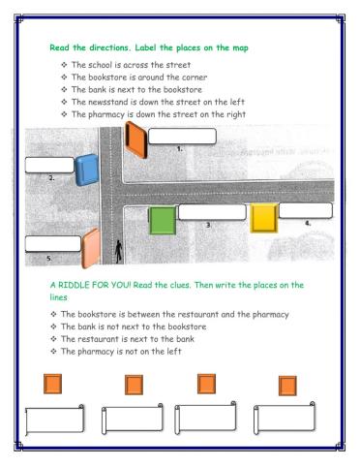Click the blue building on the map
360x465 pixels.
point(85,169)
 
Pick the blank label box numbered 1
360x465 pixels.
point(182,136)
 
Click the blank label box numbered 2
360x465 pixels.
point(50,164)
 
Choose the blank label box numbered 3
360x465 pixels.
point(211,212)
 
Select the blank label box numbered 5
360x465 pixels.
point(52,243)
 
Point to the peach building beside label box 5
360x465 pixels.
point(90,248)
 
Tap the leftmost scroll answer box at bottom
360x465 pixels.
point(55,419)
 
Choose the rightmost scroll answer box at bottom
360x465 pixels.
point(287,418)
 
